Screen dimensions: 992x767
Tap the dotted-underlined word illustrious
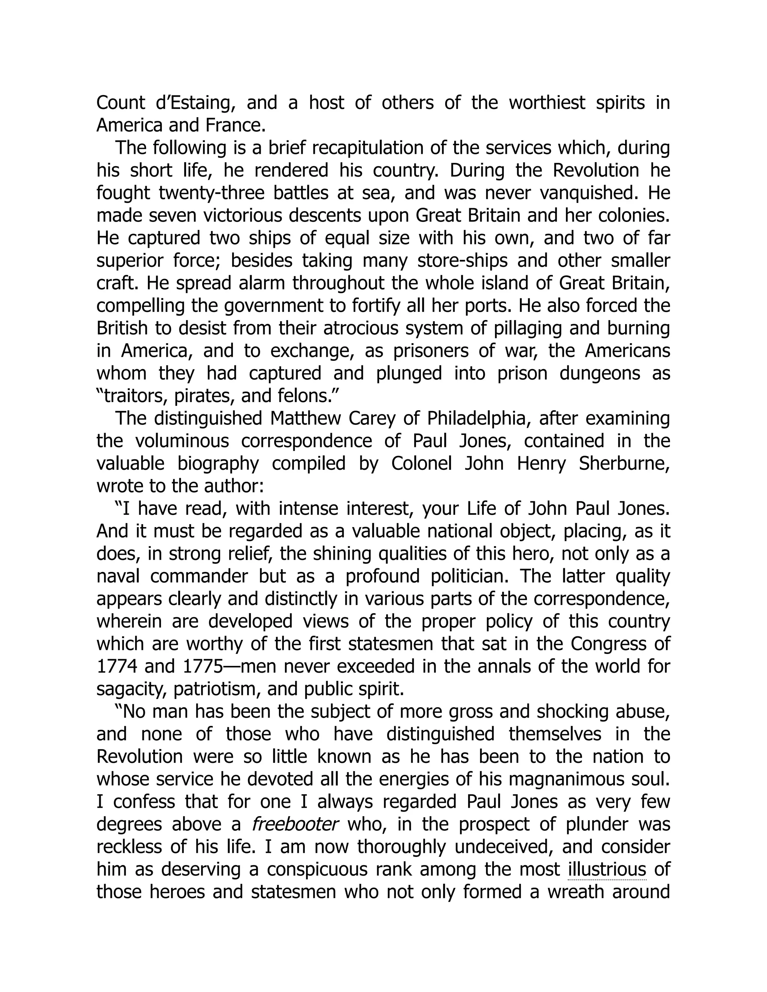607,869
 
